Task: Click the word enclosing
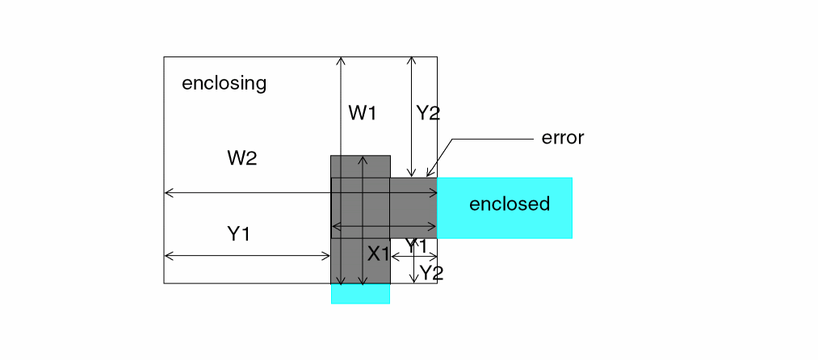click(224, 83)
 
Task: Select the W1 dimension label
click(363, 113)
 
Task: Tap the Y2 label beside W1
click(427, 113)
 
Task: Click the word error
click(562, 138)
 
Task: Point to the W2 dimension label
click(241, 158)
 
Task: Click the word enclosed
click(509, 204)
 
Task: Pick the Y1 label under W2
click(238, 235)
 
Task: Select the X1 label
click(379, 254)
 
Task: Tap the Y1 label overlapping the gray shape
click(415, 245)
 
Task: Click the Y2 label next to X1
click(430, 273)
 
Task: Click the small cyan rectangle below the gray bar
click(360, 294)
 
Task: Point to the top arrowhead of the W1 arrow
click(342, 59)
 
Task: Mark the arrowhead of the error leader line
click(428, 174)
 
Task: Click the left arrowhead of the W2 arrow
click(166, 193)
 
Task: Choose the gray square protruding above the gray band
click(360, 166)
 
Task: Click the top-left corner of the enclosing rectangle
click(164, 57)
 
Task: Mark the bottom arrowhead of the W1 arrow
click(342, 283)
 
